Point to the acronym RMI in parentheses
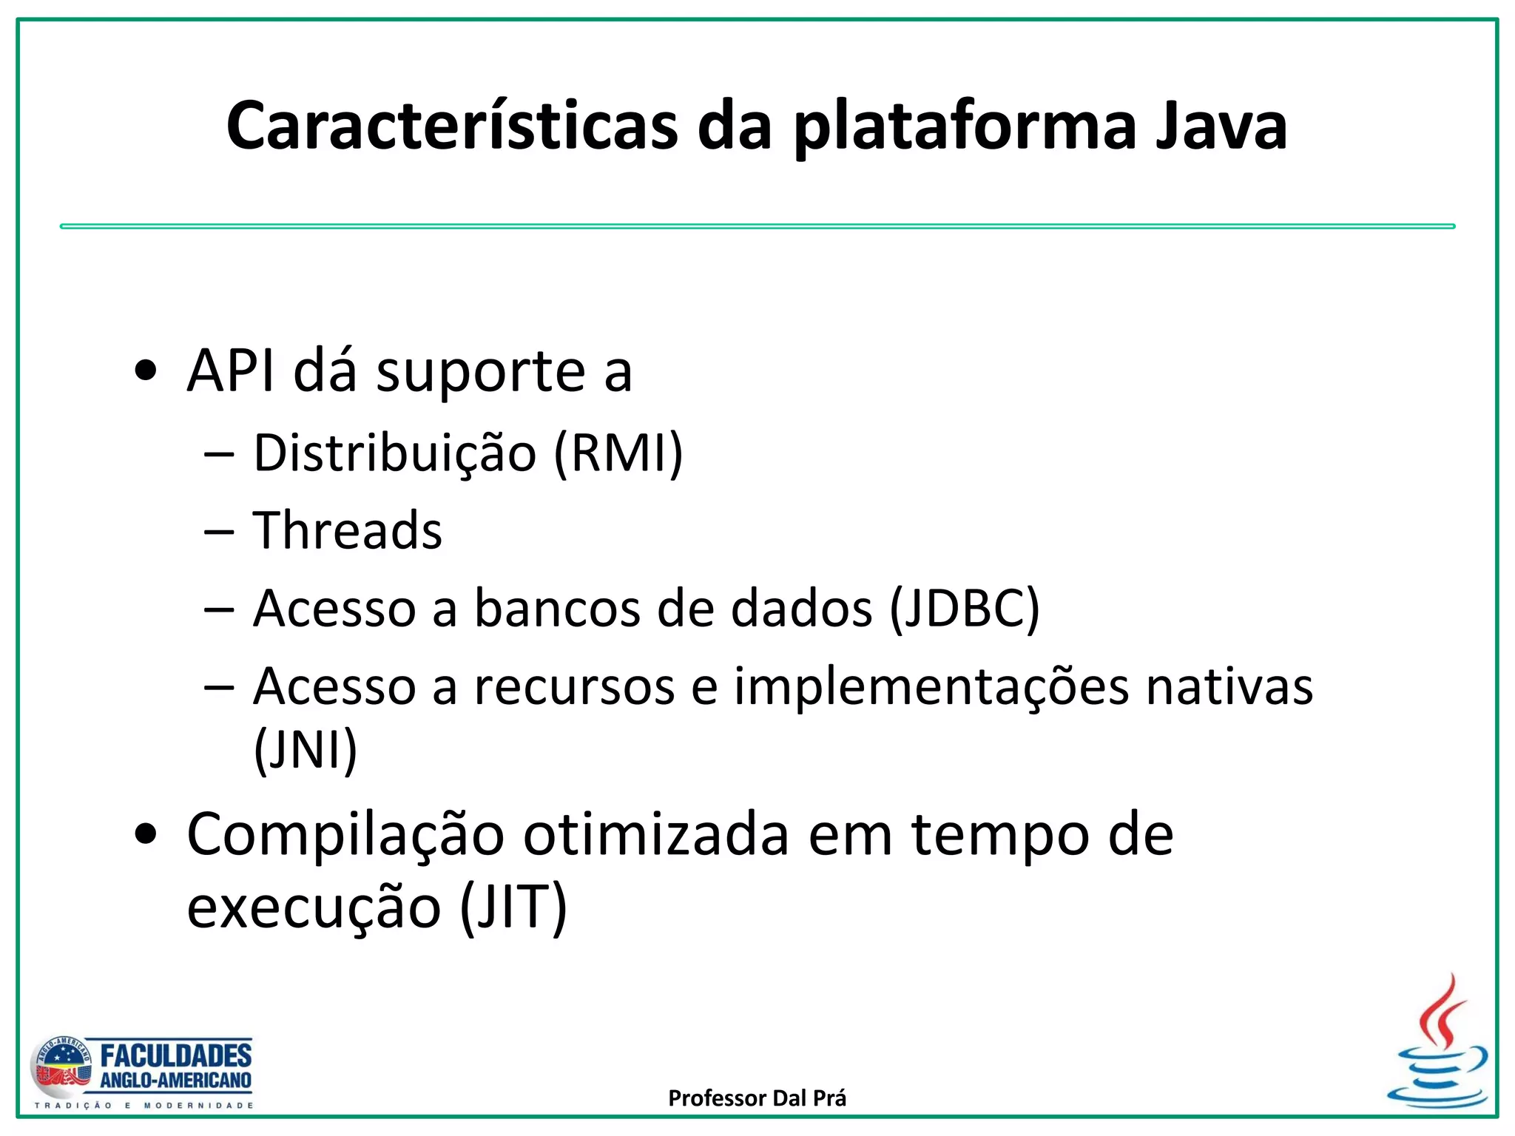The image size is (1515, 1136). pos(618,453)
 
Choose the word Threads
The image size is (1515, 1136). pos(347,530)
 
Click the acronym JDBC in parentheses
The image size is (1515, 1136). pos(965,609)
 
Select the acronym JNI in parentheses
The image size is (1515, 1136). pos(306,750)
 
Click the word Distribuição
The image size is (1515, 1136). pos(394,453)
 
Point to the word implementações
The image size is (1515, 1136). pos(931,688)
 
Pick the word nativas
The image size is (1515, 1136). pos(1229,687)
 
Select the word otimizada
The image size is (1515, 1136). pos(656,834)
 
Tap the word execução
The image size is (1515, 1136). pos(314,908)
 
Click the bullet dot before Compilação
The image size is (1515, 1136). pos(146,834)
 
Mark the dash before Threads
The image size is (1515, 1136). pos(219,531)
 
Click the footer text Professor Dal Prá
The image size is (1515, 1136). pos(757,1098)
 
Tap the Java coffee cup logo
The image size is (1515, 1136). pos(1437,1043)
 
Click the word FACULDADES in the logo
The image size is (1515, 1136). pos(175,1055)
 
